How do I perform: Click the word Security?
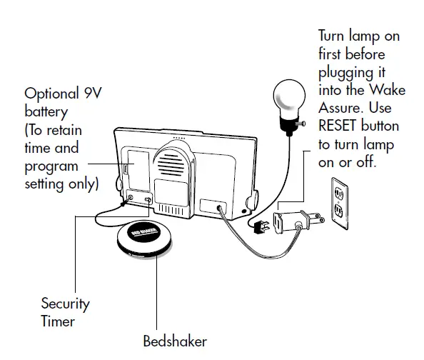tap(66, 304)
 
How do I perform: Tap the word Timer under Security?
tap(58, 321)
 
